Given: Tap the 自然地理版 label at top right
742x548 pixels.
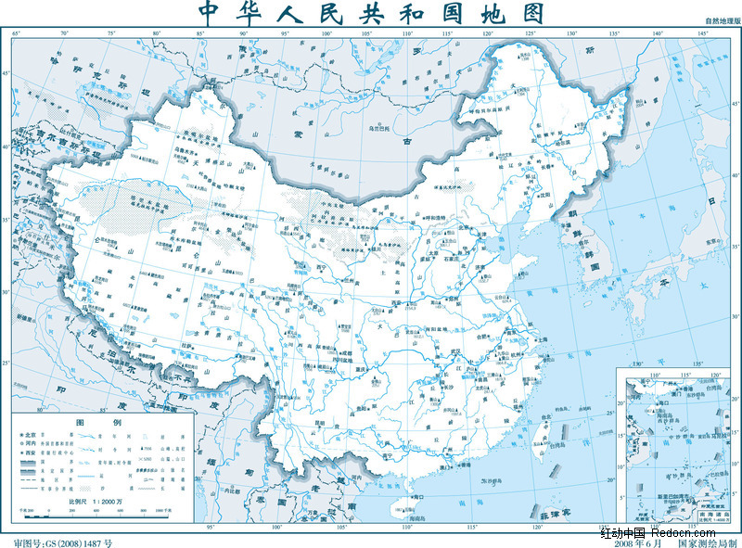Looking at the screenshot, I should [x=721, y=19].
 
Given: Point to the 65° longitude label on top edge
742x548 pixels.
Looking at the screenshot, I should [x=17, y=34].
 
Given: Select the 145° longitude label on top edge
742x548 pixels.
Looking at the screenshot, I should [x=702, y=34].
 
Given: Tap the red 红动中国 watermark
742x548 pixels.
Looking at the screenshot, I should [x=621, y=532].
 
